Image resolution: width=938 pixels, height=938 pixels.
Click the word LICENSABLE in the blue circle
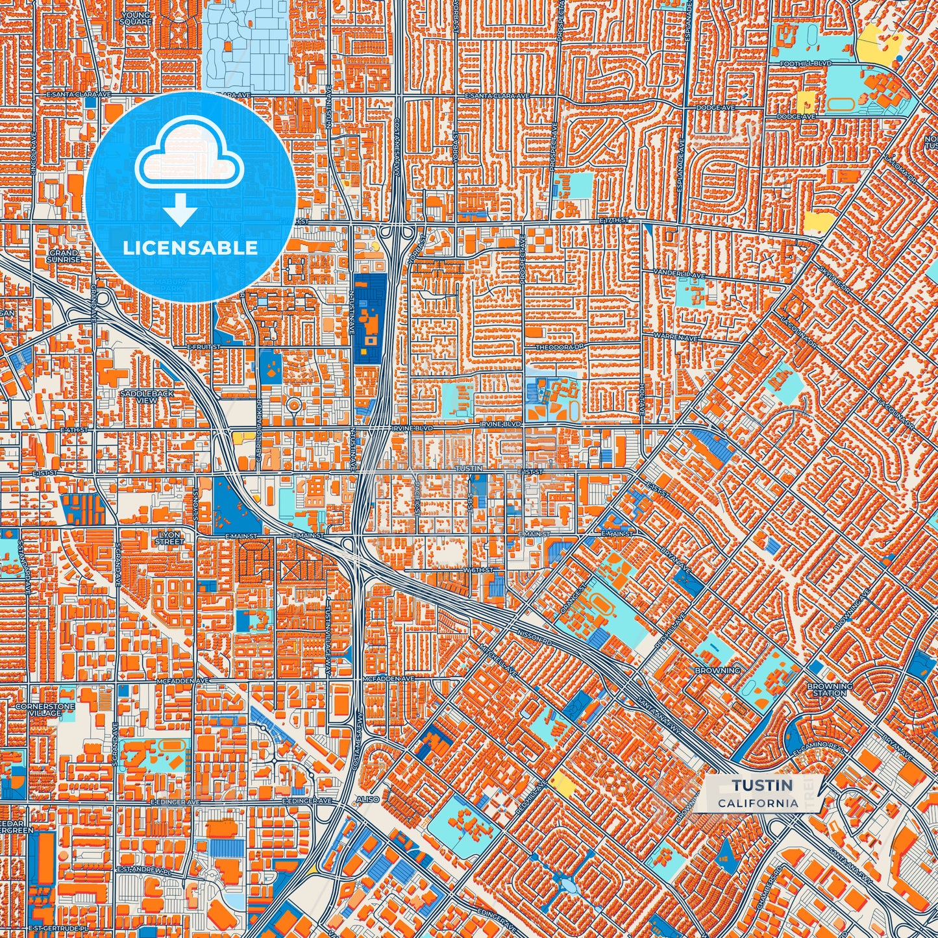(x=191, y=248)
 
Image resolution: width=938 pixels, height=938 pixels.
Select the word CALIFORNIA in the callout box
(x=758, y=803)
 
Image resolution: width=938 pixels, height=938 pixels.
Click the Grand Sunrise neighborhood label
(x=64, y=256)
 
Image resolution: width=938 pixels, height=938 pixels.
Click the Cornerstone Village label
(x=45, y=709)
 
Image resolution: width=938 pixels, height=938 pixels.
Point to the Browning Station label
(x=830, y=689)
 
